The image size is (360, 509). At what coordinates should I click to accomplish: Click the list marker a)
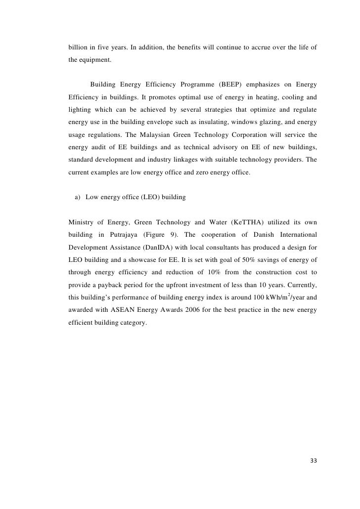(x=78, y=198)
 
